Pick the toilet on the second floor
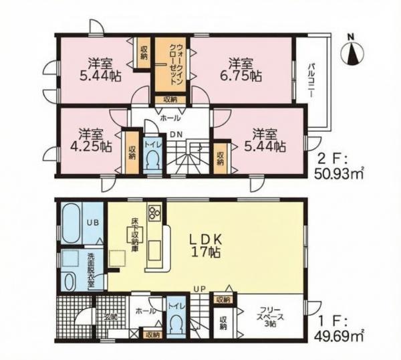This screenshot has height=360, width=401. pos(152,161)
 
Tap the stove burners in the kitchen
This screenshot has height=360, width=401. pos(155,213)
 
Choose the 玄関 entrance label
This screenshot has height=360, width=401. pos(110,317)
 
